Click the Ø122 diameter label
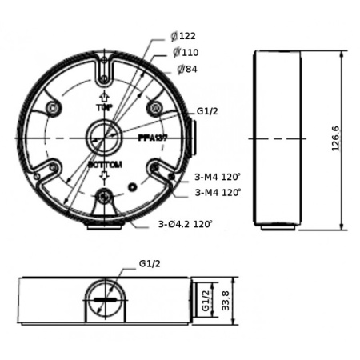(x=183, y=36)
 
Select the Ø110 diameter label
(x=186, y=53)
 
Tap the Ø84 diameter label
(x=186, y=70)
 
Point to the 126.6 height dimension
(x=336, y=138)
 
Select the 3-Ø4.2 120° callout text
(x=185, y=225)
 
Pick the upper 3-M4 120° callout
(x=217, y=176)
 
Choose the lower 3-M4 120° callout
(x=217, y=192)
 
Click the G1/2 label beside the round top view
(x=206, y=111)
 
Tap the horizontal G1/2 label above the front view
(x=150, y=263)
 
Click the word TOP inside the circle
(x=102, y=106)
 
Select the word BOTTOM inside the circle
(x=104, y=164)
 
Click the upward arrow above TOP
(x=102, y=96)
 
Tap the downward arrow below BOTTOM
(x=103, y=175)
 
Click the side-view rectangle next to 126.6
(x=278, y=138)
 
